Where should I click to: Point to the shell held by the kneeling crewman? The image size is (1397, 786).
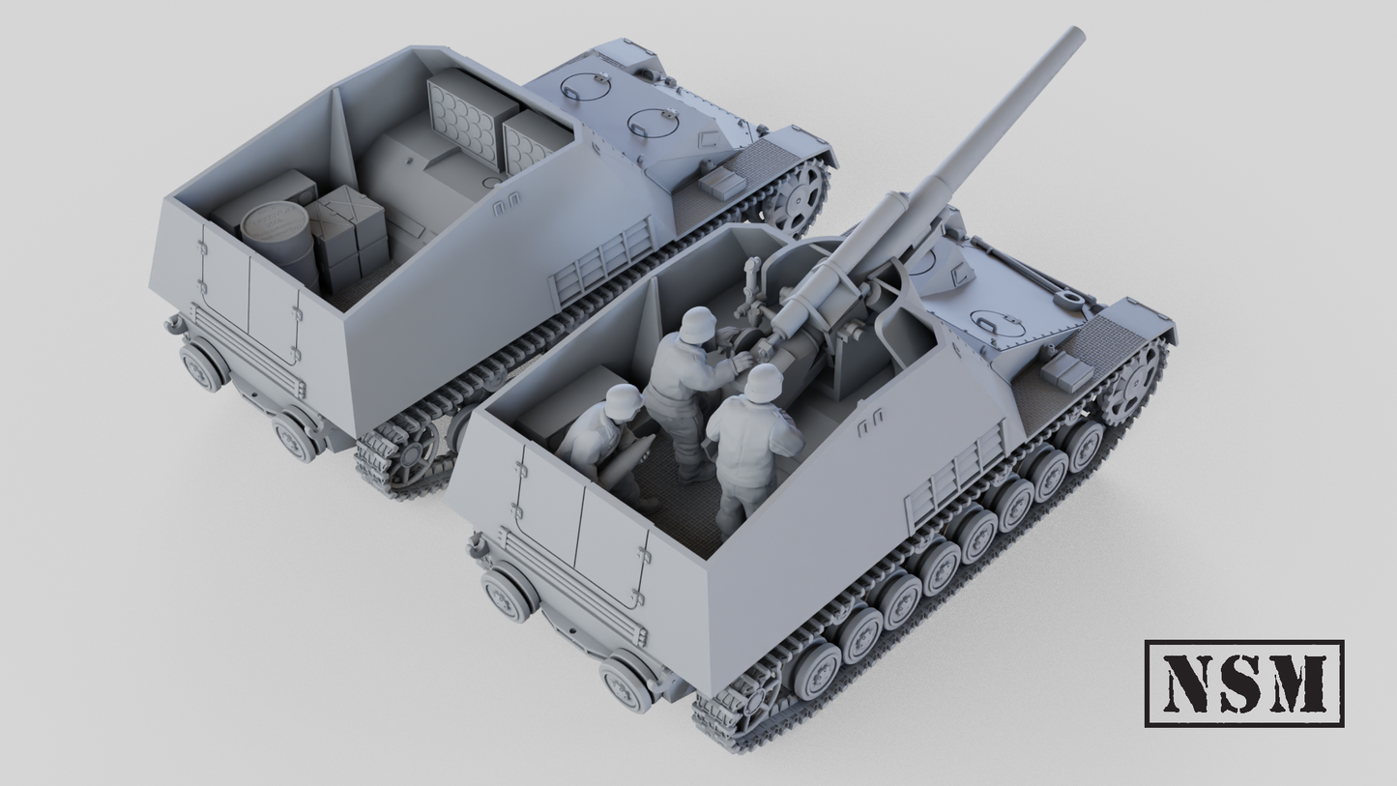point(612,466)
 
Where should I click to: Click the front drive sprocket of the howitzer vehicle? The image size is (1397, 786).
point(1133,381)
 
